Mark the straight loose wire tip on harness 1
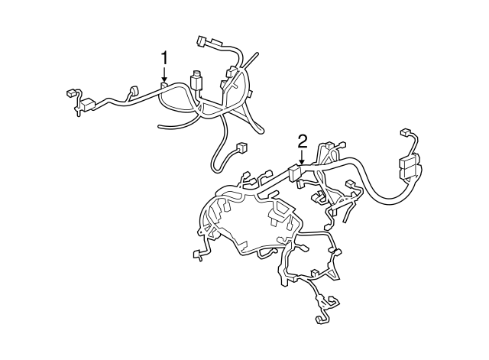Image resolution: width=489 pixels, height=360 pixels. click(x=257, y=56)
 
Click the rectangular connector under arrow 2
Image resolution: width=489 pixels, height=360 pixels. click(x=296, y=173)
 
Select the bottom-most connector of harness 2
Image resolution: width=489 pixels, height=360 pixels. click(x=322, y=320)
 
